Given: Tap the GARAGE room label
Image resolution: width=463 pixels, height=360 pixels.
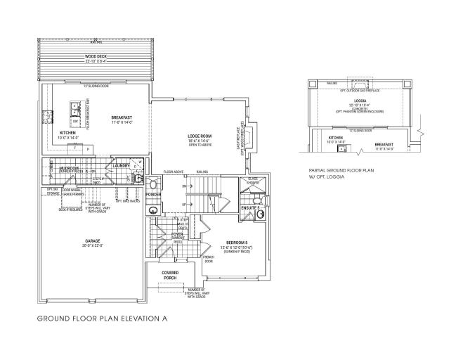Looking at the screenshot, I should click(x=93, y=240).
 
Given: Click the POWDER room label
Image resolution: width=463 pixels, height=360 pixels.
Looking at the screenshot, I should click(x=153, y=194).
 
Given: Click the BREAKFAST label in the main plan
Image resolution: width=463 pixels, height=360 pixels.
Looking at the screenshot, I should click(x=122, y=117).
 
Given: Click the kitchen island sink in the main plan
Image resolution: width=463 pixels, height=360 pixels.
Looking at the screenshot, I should click(x=74, y=110).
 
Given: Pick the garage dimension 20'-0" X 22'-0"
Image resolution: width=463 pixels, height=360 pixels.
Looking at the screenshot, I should click(x=93, y=245).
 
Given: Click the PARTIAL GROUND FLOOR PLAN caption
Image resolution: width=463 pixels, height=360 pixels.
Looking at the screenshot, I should click(x=344, y=171).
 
